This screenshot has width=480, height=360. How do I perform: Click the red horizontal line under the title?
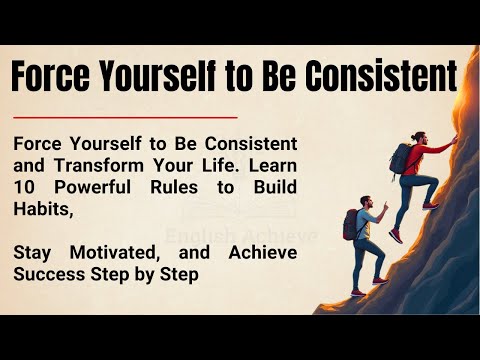(125, 117)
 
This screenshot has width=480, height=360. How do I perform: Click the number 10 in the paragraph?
(27, 186)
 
